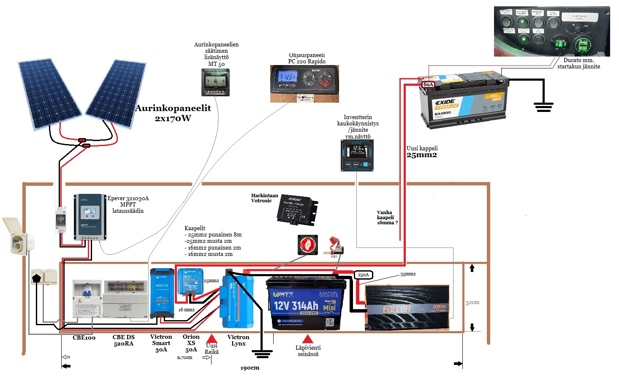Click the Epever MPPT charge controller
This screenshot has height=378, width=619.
(x=90, y=217)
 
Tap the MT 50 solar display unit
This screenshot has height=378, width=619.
(x=215, y=82)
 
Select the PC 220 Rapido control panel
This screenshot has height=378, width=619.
(x=304, y=84)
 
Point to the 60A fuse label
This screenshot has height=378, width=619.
(x=428, y=84)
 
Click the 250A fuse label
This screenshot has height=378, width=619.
(x=363, y=275)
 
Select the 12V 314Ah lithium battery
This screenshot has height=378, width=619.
(x=305, y=303)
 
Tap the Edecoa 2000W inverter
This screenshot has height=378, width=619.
(x=407, y=307)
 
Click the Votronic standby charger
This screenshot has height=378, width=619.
(x=297, y=210)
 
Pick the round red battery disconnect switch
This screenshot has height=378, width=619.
(x=308, y=245)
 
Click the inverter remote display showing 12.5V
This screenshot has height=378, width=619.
(x=357, y=155)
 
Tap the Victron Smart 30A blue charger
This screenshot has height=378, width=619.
(x=162, y=293)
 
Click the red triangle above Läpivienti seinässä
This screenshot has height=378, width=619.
(x=308, y=339)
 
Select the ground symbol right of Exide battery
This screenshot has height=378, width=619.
(x=543, y=106)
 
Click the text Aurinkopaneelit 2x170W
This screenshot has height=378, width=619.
(x=173, y=113)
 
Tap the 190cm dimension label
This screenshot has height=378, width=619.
(x=250, y=368)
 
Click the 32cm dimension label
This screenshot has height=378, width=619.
(x=472, y=302)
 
